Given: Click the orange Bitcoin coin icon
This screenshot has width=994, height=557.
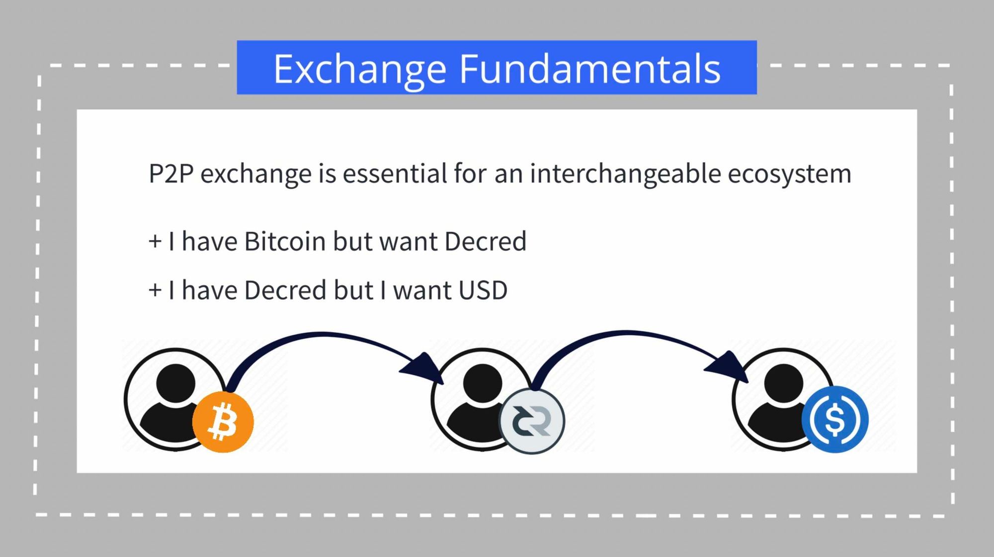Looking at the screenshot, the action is pos(223,422).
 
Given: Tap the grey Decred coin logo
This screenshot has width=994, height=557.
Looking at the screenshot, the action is pos(532,421).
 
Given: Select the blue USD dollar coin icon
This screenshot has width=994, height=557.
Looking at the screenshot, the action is pos(835,419).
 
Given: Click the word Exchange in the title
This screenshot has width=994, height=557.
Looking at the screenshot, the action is pos(360,70).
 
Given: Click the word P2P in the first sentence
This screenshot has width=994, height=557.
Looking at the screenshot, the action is pos(171,174).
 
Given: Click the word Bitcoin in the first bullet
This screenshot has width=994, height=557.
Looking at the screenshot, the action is pos(285,241).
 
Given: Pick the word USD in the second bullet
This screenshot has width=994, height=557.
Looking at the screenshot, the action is pos(483,290).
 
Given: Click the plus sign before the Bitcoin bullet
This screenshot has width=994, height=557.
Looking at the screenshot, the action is pos(155,242).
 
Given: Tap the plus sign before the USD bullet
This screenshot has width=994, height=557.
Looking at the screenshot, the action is pos(155,290).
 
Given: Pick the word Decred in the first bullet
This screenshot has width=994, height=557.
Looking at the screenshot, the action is pos(486,241).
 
